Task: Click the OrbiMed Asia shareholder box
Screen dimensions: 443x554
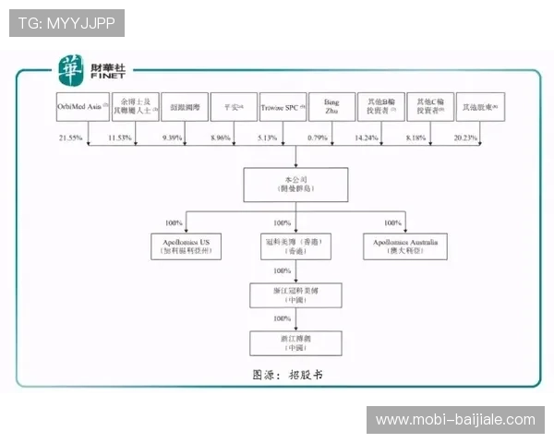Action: pos(82,108)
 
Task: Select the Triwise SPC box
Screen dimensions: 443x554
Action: pos(282,108)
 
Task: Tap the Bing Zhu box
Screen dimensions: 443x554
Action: pos(331,108)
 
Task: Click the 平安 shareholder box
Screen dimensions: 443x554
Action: pos(233,108)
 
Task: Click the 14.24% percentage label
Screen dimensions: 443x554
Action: pos(368,138)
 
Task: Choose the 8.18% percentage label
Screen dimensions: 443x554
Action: pos(417,138)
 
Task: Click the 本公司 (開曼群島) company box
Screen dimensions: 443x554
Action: pos(295,185)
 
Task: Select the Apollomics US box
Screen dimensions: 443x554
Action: pos(187,245)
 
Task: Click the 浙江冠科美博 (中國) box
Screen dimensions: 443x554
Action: pos(295,294)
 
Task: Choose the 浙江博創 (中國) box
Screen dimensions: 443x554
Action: pos(295,342)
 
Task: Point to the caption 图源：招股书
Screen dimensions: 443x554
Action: pos(288,376)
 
